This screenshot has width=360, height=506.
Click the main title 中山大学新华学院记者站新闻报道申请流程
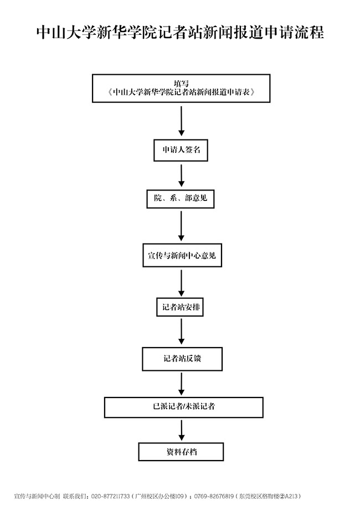(180, 32)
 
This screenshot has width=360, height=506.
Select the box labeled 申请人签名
(181, 149)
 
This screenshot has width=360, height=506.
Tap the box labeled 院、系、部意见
(181, 198)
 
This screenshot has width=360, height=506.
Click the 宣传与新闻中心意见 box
(181, 256)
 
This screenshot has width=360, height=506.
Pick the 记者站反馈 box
(182, 358)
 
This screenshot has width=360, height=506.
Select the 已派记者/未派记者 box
(184, 406)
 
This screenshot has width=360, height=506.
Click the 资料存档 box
(181, 452)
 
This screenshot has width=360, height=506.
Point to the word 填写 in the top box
(181, 83)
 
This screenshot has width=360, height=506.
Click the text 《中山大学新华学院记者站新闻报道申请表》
(181, 92)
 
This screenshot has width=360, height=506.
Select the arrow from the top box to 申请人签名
(181, 120)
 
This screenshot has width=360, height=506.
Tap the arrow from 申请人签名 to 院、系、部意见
(181, 175)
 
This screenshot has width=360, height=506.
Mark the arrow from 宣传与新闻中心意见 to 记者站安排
(181, 283)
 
